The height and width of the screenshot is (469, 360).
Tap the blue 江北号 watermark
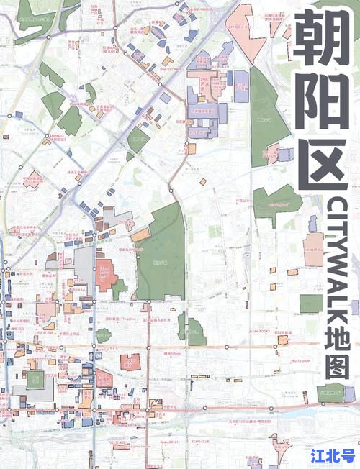332,455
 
